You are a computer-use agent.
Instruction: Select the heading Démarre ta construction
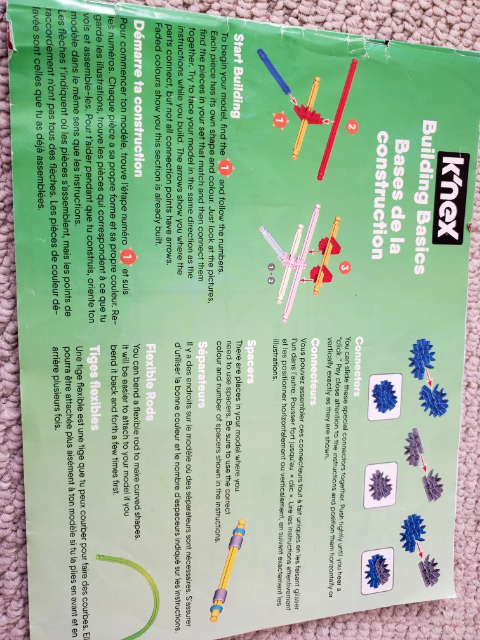[138, 98]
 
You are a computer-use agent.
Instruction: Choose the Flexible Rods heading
[150, 382]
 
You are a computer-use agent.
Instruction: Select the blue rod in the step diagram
[274, 72]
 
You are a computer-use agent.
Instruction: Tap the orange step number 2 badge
[352, 126]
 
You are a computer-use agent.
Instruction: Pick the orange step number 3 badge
[345, 268]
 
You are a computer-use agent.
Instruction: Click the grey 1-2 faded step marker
[271, 274]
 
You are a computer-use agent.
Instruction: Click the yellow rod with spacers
[228, 570]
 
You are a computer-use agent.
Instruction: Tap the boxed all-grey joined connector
[380, 485]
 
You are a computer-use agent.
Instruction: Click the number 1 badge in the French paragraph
[128, 257]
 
